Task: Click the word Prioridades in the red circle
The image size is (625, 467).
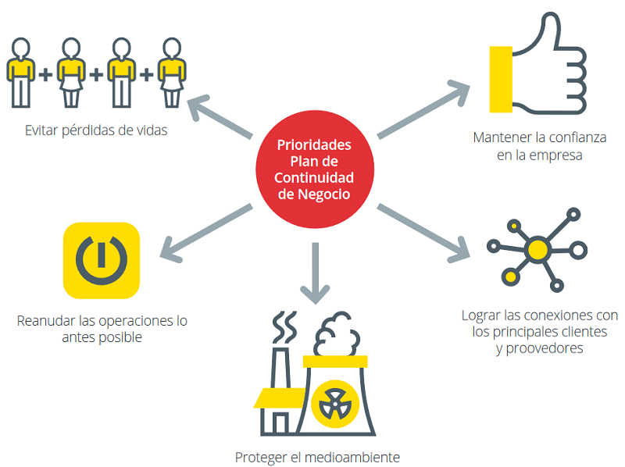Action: click(314, 144)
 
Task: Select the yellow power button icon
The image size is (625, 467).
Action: click(101, 261)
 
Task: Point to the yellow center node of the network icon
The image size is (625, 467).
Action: click(537, 250)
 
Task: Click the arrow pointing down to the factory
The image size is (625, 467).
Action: click(315, 273)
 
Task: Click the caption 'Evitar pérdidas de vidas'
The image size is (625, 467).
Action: click(95, 130)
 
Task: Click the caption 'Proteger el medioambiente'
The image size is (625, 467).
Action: click(317, 456)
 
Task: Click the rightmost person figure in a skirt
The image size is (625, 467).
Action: click(169, 72)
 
